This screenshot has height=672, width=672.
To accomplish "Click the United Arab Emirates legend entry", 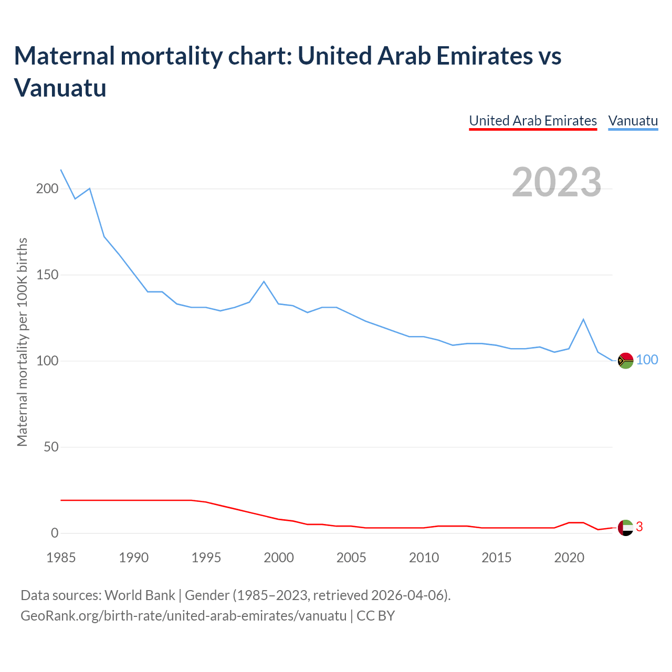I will (x=533, y=121).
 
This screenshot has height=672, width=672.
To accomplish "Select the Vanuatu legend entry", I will (x=633, y=121).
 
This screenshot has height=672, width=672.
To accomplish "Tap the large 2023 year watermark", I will (x=556, y=182).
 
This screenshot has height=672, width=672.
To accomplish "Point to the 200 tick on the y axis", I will (x=47, y=188).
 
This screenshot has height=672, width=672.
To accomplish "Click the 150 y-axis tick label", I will (x=47, y=275).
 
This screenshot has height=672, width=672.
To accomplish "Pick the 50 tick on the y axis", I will (x=50, y=447).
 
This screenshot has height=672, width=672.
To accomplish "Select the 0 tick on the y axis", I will (x=54, y=533).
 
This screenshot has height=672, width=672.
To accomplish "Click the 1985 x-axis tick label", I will (x=61, y=558).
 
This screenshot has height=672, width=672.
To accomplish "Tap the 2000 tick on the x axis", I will (x=279, y=558).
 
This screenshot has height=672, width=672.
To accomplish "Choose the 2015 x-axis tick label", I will (x=496, y=558).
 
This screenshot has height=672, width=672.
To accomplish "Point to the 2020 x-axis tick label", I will (x=569, y=558).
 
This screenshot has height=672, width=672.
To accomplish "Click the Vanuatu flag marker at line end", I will (x=625, y=361).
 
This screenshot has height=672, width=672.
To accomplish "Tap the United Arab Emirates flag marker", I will (x=625, y=528).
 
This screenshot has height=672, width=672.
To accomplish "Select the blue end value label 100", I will (x=647, y=360).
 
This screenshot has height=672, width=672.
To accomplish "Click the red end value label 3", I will (x=639, y=527).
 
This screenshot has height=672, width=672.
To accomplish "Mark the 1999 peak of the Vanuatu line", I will (x=264, y=281).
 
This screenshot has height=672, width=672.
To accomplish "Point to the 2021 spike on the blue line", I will (x=583, y=319).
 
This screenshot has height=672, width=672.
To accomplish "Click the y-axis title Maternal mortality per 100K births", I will (x=22, y=342).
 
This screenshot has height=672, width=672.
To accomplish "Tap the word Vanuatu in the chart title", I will (x=60, y=87).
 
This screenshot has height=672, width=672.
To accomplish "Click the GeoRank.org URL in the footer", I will (x=183, y=615).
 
